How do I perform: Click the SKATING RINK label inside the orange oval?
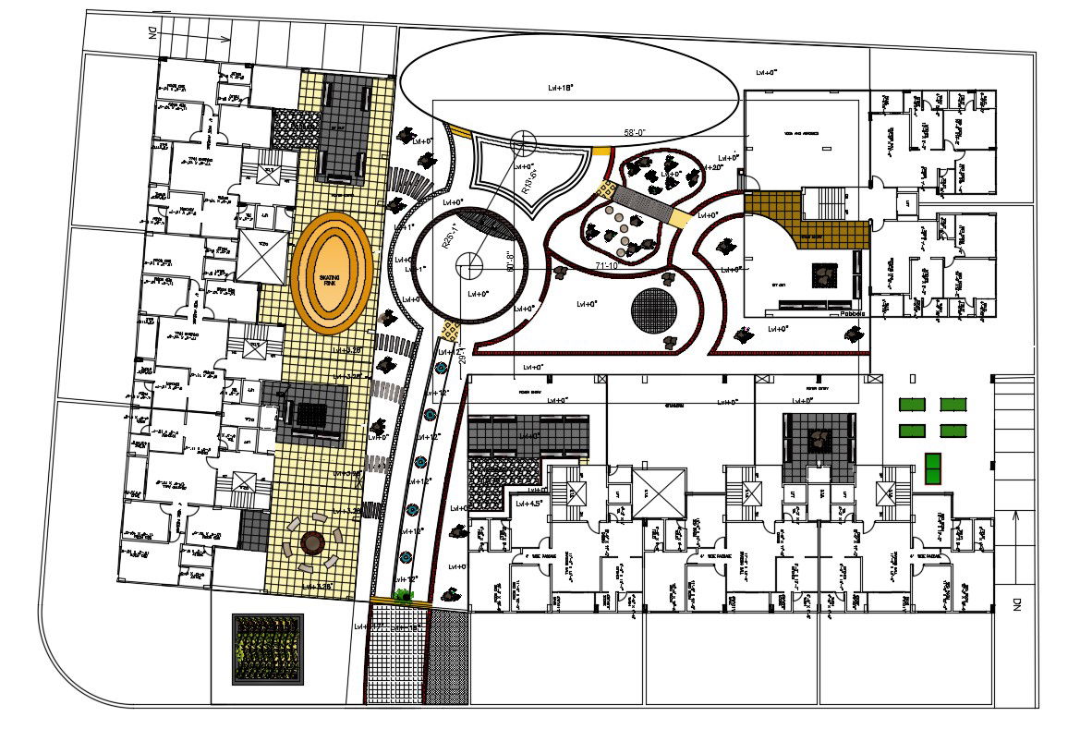coord(328,279)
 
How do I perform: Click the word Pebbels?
coord(853,314)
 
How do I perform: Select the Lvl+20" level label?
coord(712,167)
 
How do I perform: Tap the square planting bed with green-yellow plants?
coord(268,650)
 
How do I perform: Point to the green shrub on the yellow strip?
coord(404,595)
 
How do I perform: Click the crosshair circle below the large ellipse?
coord(523,141)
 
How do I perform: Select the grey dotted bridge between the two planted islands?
coord(642,200)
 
